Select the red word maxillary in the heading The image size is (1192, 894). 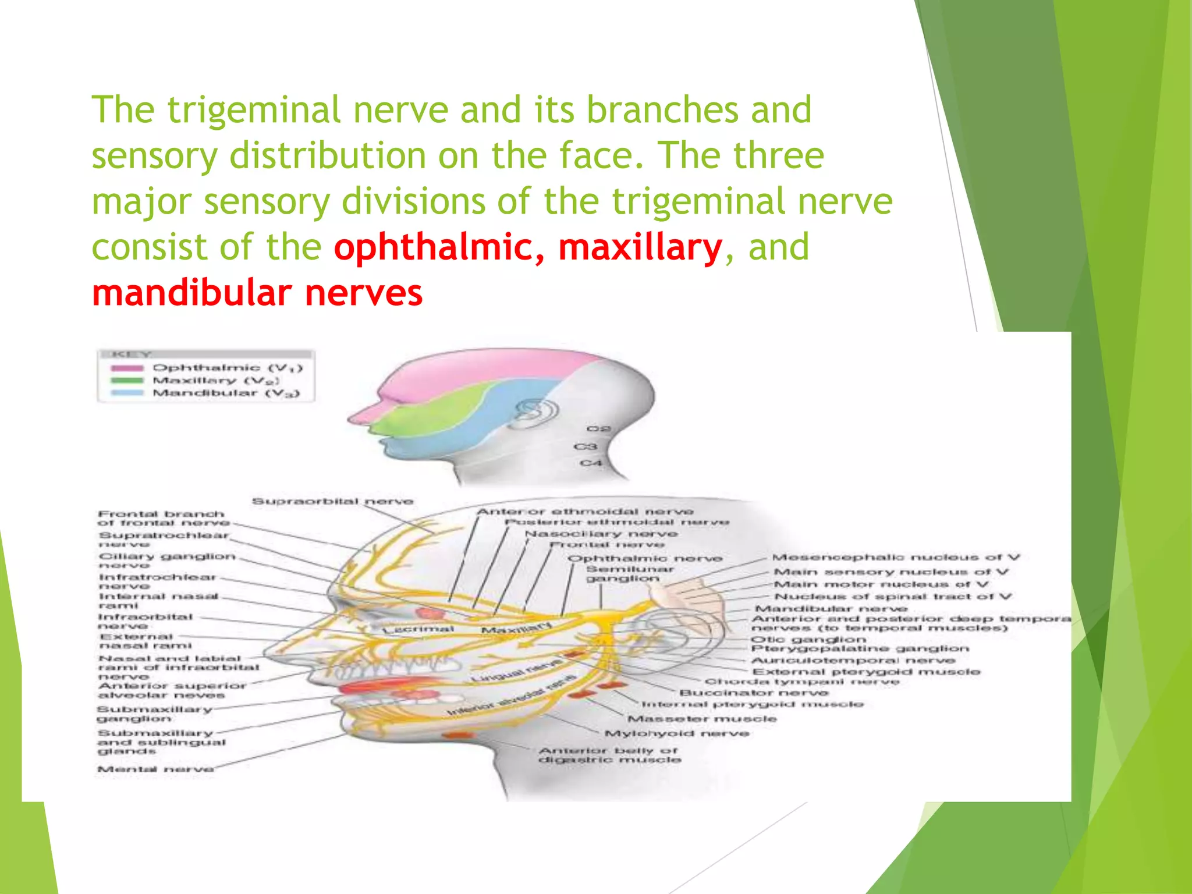(640, 247)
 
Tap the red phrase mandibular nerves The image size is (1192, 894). (257, 293)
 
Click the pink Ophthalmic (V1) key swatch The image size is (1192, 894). (127, 368)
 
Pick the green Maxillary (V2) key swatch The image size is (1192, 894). (127, 381)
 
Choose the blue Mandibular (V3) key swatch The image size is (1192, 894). (127, 393)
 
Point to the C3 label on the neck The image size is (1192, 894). (586, 446)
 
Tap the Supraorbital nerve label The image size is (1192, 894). (332, 501)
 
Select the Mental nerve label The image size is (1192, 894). (155, 769)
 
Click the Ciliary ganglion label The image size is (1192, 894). (167, 556)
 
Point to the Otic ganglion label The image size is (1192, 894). (808, 639)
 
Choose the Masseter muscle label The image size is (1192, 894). (702, 719)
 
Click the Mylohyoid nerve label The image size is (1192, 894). (677, 733)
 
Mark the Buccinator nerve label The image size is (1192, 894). (754, 693)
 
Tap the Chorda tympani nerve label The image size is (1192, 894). (802, 682)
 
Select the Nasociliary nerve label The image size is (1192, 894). (601, 534)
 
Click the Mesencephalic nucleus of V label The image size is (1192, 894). (896, 558)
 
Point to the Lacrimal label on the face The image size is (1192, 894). (418, 629)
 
